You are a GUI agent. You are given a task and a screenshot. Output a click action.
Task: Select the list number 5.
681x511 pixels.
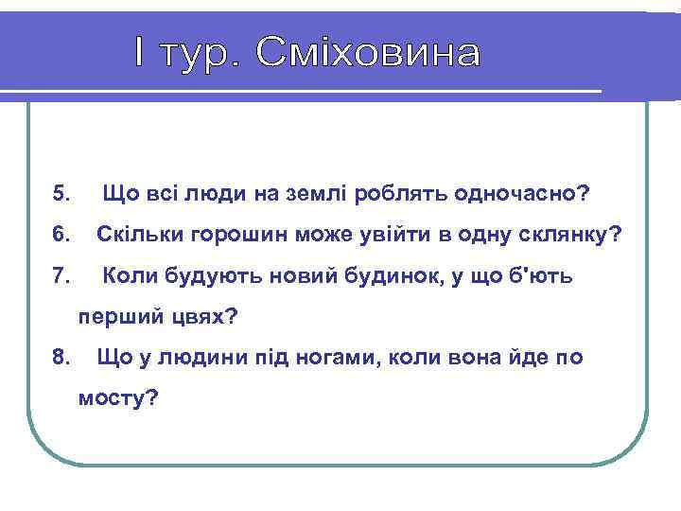(x=61, y=195)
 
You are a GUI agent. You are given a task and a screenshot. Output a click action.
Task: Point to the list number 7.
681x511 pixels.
(x=61, y=276)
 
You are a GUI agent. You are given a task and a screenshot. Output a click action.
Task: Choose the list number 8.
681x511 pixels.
(x=61, y=358)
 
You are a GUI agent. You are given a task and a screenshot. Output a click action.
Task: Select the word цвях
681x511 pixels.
(x=204, y=317)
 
